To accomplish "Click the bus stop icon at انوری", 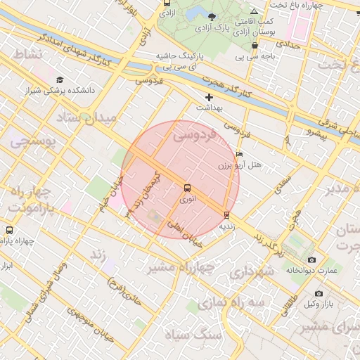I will (187, 188).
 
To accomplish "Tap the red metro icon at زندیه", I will (226, 215).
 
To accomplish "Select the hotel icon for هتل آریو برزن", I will (240, 154).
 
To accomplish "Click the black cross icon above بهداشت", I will (209, 96).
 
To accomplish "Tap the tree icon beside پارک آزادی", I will (213, 15).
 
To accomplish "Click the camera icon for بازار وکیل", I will (319, 293).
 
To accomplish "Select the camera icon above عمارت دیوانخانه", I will (311, 259).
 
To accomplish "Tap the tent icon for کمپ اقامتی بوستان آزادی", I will (254, 12).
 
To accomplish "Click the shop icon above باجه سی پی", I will (244, 46).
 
